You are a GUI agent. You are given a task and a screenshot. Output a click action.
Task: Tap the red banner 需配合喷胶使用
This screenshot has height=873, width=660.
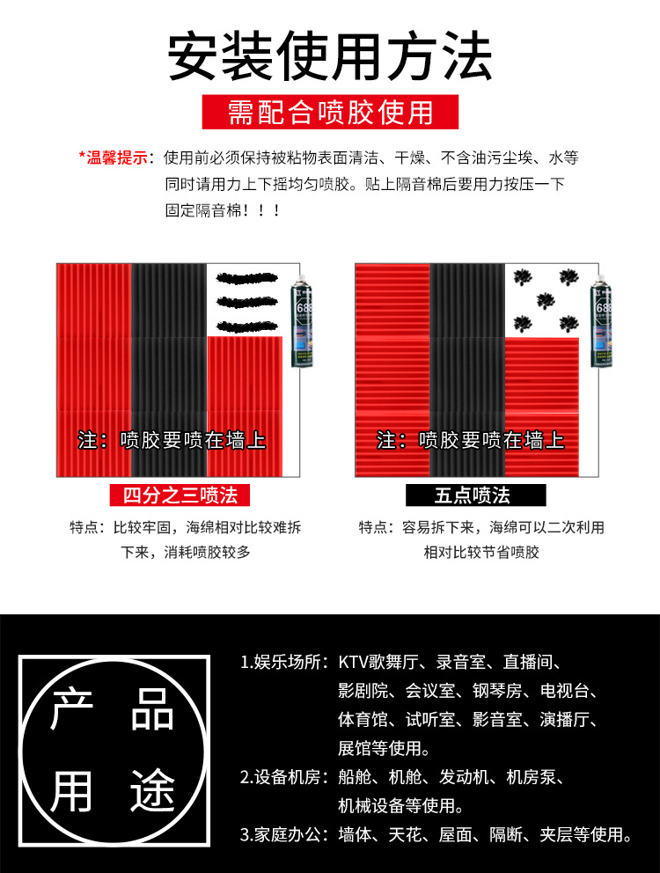point(330,112)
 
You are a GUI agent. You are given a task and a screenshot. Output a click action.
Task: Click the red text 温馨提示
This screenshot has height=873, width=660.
point(117,158)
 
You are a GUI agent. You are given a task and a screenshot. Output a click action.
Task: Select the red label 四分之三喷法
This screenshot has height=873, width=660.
point(180,495)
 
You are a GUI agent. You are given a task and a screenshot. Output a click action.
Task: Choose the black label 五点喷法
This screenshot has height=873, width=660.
point(475,495)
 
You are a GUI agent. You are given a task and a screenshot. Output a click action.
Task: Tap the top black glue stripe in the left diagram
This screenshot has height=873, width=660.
point(246,280)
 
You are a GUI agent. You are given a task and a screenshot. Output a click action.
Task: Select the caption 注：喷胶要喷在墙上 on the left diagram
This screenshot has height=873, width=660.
point(172,440)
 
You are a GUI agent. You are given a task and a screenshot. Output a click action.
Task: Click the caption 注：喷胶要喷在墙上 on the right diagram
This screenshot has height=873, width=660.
point(470,440)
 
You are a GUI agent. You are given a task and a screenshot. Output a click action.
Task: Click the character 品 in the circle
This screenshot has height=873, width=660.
point(152,711)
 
